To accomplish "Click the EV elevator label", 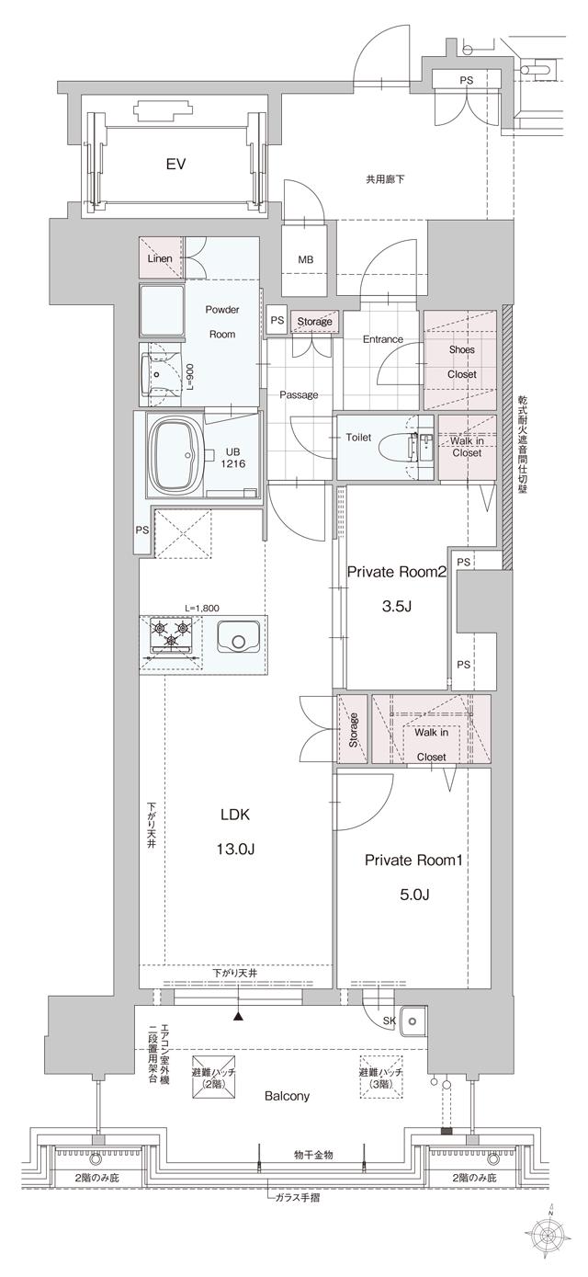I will tap(175, 165).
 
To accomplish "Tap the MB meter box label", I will tap(305, 260).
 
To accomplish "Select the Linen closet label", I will tap(159, 259).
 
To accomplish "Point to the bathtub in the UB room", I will tap(179, 453).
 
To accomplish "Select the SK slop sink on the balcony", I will tap(413, 1020).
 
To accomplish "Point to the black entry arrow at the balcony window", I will tap(239, 1016).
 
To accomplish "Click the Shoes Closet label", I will tap(462, 361).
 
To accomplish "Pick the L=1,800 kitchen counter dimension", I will tap(203, 608).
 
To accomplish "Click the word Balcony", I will tap(288, 1096).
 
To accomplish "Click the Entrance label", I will tap(382, 339).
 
